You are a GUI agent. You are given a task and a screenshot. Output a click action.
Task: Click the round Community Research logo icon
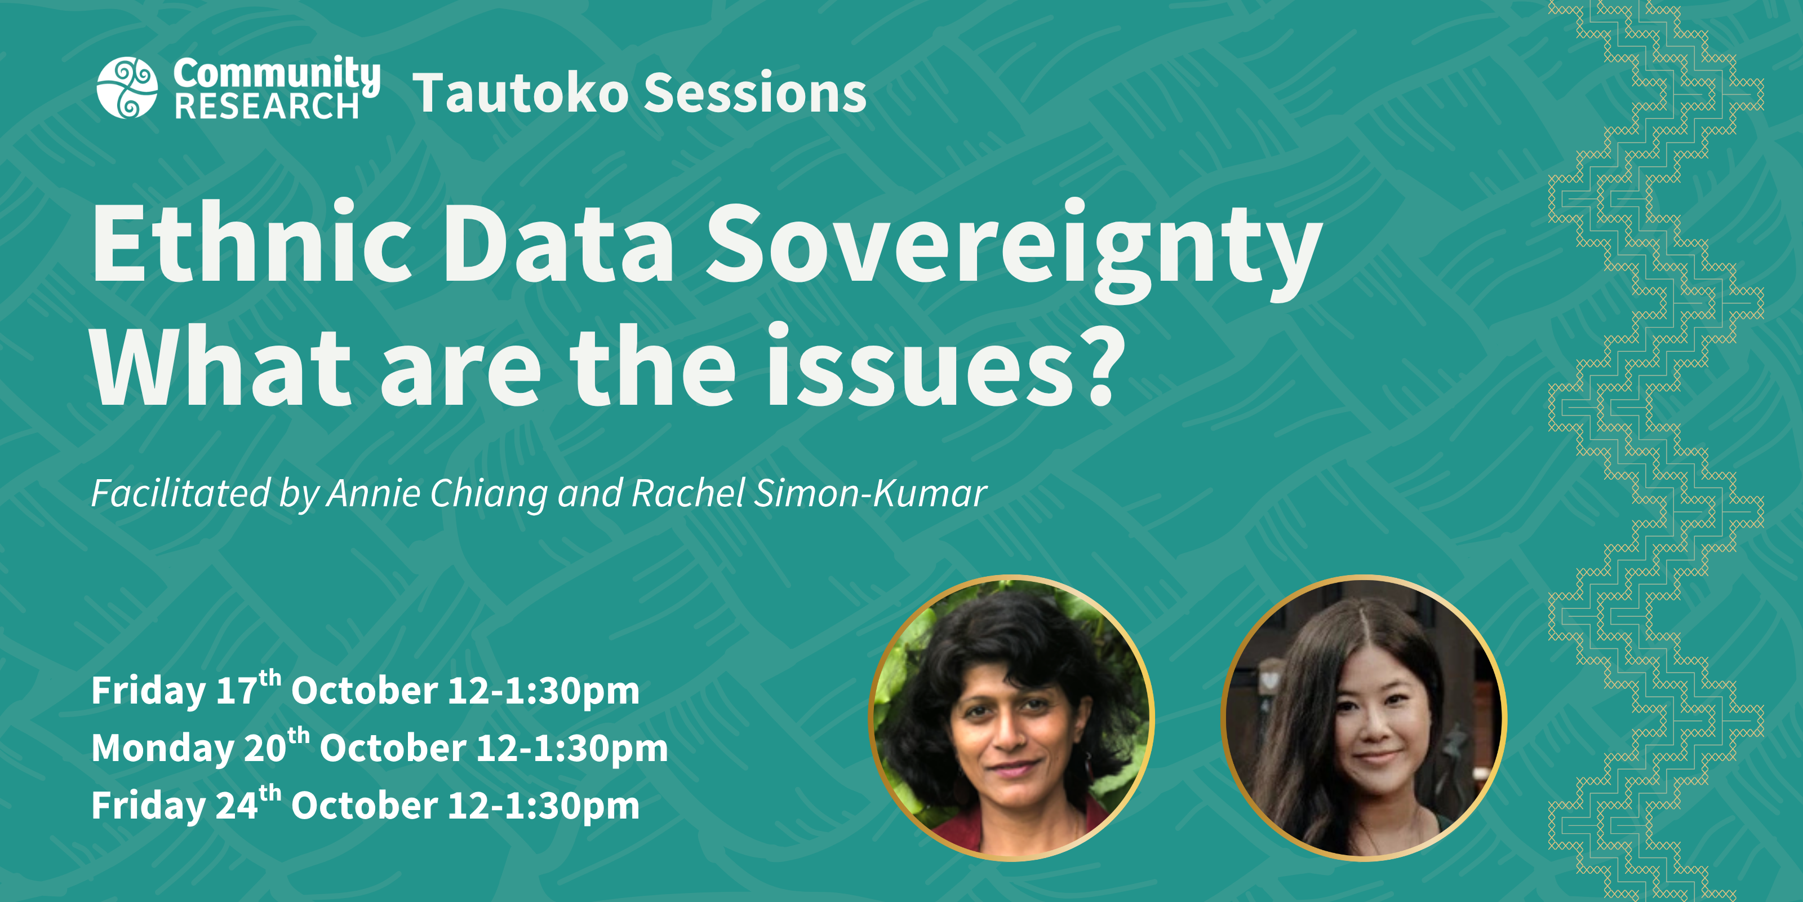pyautogui.click(x=127, y=87)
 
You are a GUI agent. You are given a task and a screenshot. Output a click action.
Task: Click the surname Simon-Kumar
pyautogui.click(x=871, y=493)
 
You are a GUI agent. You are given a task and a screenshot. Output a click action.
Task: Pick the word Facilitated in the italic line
pyautogui.click(x=180, y=493)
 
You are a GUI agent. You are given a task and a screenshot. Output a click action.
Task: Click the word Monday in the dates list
pyautogui.click(x=162, y=749)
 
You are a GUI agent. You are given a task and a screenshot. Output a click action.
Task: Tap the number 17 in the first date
pyautogui.click(x=237, y=691)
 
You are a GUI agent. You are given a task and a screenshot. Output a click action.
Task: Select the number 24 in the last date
pyautogui.click(x=237, y=806)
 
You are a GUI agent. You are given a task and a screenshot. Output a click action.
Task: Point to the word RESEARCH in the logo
pyautogui.click(x=267, y=107)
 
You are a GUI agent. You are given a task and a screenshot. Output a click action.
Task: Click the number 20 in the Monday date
pyautogui.click(x=265, y=749)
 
